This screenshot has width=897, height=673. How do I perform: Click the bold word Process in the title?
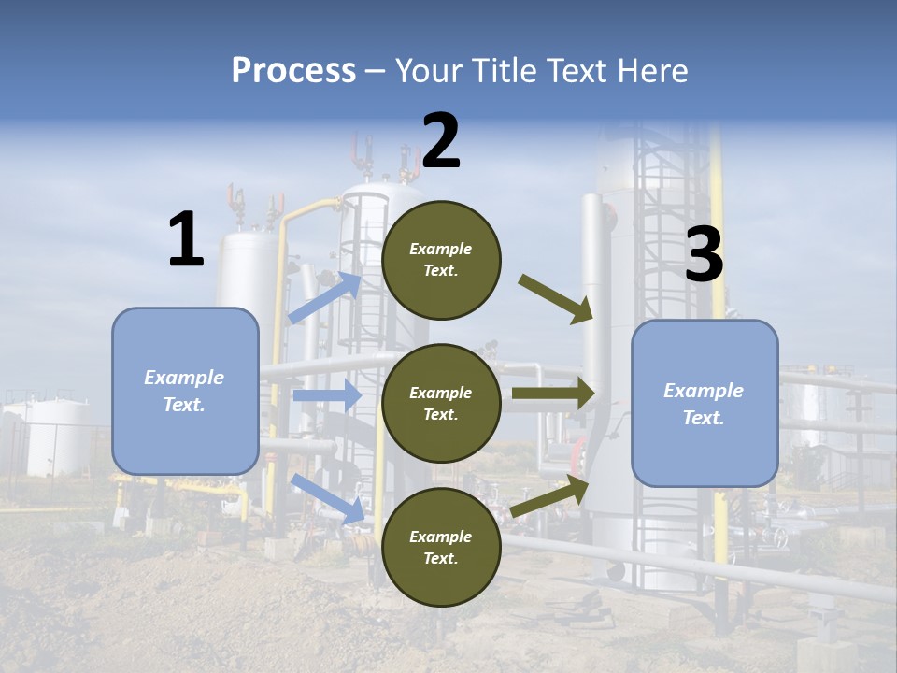[293, 70]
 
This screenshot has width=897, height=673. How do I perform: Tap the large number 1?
[186, 240]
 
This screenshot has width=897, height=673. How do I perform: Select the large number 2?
[441, 141]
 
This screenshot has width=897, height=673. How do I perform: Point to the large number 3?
[704, 255]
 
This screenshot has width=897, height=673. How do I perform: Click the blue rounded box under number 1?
[185, 391]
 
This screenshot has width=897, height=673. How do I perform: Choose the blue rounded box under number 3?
[705, 403]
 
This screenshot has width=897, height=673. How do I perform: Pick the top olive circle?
[441, 260]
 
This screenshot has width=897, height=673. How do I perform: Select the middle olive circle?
[441, 403]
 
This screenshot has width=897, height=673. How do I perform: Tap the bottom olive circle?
[441, 547]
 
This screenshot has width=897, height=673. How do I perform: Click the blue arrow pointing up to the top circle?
[323, 298]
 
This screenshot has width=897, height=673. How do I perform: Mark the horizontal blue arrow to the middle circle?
[326, 395]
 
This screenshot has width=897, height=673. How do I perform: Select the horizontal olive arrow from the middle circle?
[553, 394]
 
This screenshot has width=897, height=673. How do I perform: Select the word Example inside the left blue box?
[184, 378]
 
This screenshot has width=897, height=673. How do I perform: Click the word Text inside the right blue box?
[704, 418]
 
